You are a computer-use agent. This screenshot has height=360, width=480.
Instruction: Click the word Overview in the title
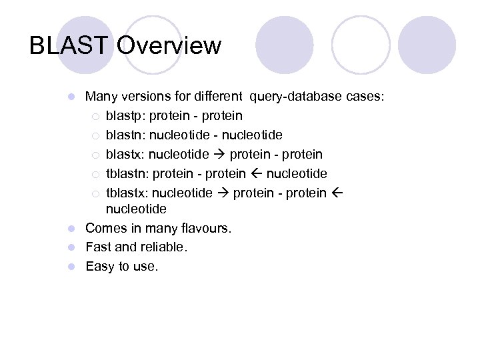(169, 45)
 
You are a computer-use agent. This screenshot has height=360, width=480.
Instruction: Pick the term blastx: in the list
(125, 155)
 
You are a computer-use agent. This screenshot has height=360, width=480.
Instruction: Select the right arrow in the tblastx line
(222, 193)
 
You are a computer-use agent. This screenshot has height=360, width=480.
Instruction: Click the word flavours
(203, 228)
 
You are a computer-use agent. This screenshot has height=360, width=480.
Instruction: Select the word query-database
(296, 97)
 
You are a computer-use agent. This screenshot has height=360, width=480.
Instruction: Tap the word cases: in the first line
(365, 97)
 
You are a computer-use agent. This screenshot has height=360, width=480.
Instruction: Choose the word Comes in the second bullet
(106, 228)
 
